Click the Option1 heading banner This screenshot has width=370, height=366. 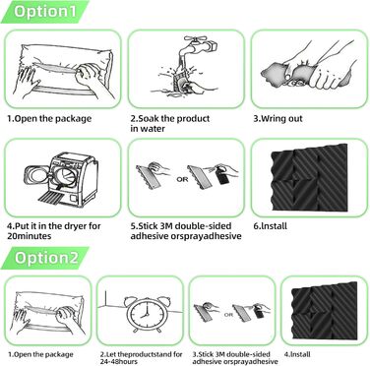coord(45,12)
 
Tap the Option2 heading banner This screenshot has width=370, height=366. coord(45,258)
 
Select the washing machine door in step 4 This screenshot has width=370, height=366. coord(31,175)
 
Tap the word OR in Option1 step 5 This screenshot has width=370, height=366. coord(182,179)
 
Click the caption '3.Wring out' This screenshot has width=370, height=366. coord(277,118)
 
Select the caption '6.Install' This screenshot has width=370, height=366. coord(270,226)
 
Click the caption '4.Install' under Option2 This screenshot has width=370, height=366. coord(297,354)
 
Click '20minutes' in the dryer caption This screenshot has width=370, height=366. coord(30,236)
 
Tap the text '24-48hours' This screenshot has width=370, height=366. coord(119,361)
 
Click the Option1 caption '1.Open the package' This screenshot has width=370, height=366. coord(49,119)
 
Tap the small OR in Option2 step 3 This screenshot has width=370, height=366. coord(228,315)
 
